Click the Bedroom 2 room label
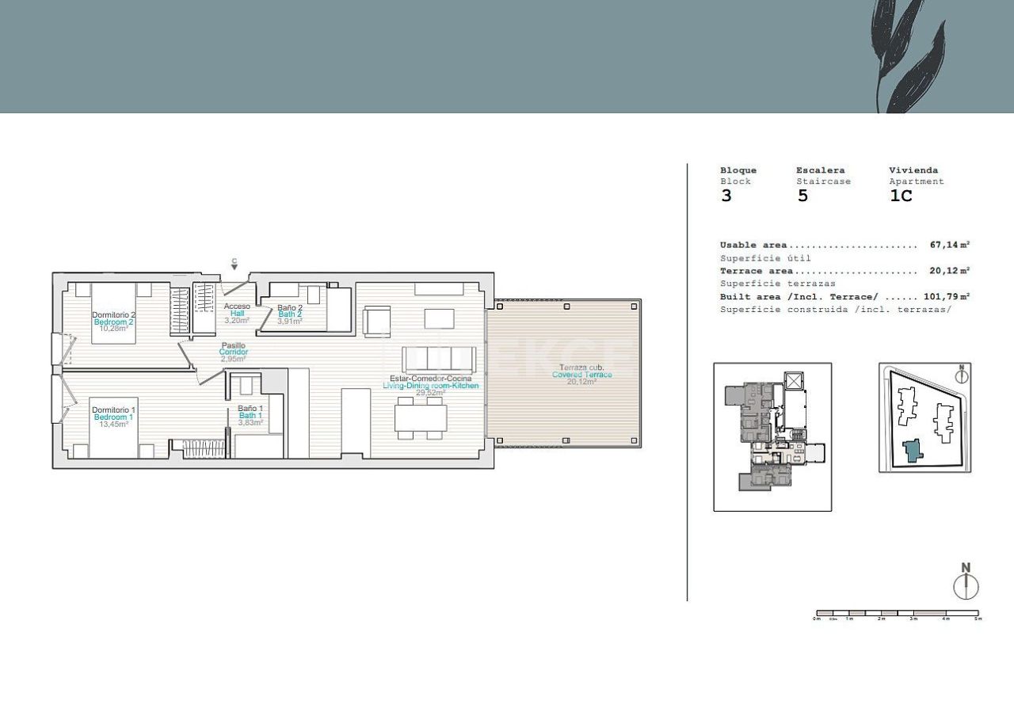coord(113,322)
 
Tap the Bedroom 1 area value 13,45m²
coord(113,424)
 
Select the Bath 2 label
coord(290,314)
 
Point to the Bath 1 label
coord(250,415)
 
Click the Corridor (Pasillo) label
coord(234,352)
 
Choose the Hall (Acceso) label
coord(237,313)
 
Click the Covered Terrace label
coord(581,375)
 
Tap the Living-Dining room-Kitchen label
coord(430,385)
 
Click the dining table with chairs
coord(421,417)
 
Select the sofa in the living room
coord(440,360)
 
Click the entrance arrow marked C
coord(234,264)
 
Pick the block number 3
coord(726,196)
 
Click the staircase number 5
coord(802,196)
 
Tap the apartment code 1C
coord(901,196)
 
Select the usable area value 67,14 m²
coord(950,246)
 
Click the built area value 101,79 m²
coord(947,297)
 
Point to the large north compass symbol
coord(966,583)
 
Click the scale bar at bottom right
coord(897,614)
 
